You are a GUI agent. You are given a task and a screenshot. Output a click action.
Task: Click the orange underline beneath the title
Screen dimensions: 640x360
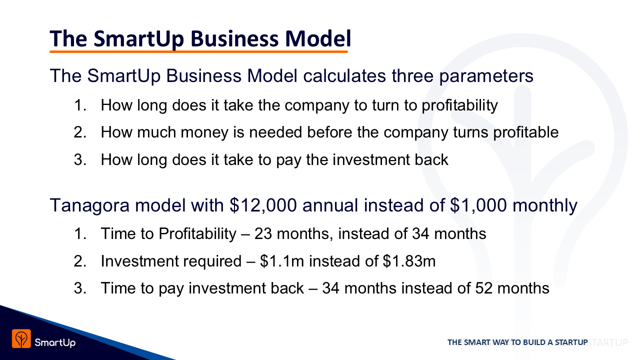[198, 51]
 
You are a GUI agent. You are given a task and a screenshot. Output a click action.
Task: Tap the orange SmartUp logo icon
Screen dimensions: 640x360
[21, 338]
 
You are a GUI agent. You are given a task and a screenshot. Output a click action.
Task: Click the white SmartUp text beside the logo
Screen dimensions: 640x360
[55, 342]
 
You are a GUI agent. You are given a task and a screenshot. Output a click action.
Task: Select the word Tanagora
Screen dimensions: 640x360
[89, 205]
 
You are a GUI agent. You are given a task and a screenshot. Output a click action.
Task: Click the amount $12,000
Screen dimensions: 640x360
[263, 205]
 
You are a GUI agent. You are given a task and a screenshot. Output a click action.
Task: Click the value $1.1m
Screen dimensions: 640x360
[282, 261]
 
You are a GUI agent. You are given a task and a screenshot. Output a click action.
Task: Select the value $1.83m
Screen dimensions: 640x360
[409, 261]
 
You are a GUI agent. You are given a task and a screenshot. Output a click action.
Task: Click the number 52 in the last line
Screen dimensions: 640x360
[483, 288]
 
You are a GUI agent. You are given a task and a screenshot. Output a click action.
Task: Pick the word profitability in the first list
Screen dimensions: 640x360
[459, 105]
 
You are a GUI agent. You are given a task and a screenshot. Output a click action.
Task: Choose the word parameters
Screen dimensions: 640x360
[486, 76]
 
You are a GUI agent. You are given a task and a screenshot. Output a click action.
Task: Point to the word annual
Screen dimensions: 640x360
[330, 205]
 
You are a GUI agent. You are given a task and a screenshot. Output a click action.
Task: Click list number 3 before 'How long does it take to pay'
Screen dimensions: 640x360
[80, 159]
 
